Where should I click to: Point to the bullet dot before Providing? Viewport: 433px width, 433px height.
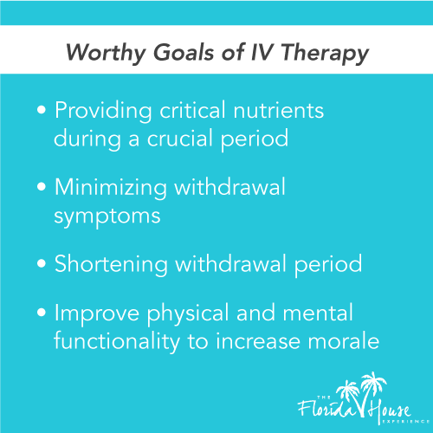pos(43,113)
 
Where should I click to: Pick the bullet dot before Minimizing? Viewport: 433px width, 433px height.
pos(43,189)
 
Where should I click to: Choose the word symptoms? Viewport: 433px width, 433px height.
pos(107,216)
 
